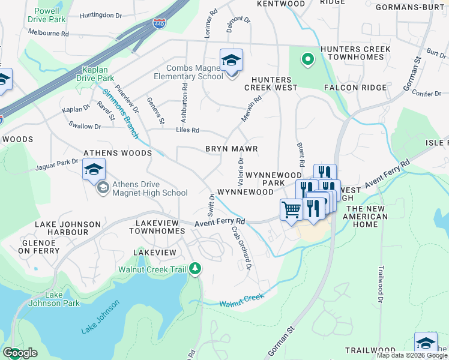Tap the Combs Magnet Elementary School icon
[x=231, y=61]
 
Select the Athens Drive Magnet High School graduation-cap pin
[x=94, y=170]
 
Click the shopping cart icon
[x=291, y=210]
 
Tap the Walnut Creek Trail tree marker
[x=194, y=269]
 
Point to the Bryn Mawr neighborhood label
[x=231, y=149]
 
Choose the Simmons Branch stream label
[x=120, y=113]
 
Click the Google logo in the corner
[x=20, y=353]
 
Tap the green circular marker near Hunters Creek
[x=307, y=59]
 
